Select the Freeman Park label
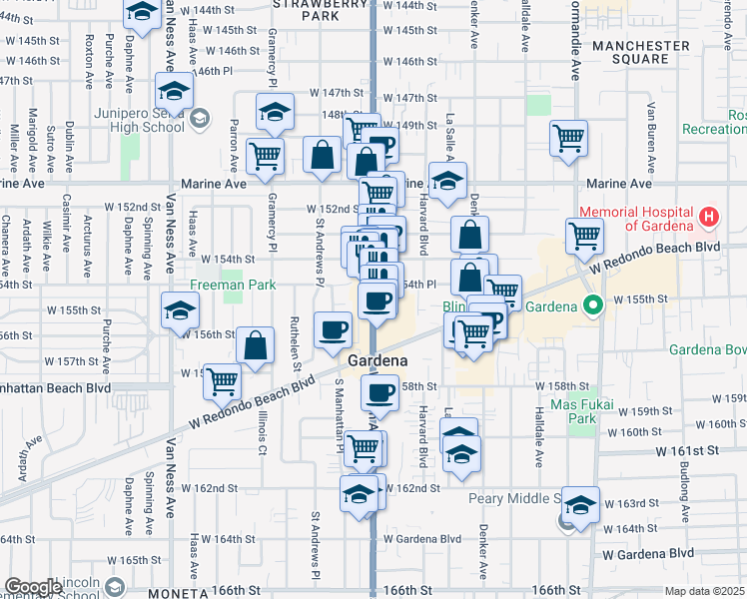233,285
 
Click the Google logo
34,587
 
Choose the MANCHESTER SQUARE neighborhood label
640,52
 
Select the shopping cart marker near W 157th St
223,379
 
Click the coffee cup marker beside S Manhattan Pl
333,328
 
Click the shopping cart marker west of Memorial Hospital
584,236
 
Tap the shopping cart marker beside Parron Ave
266,155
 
